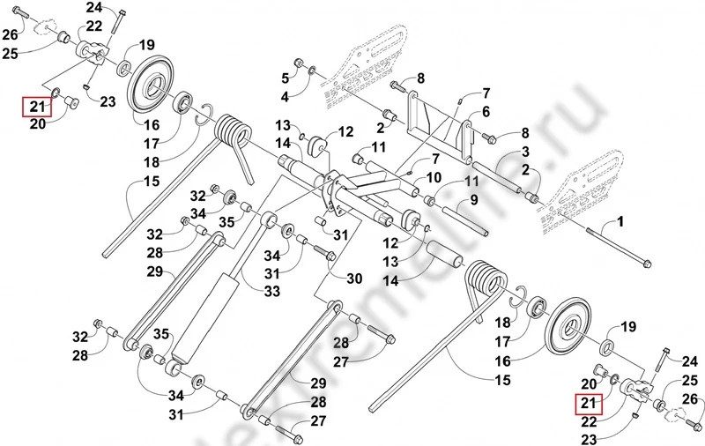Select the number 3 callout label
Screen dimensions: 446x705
coord(524,152)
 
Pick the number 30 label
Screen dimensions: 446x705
coord(354,279)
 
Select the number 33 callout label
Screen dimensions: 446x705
coord(272,292)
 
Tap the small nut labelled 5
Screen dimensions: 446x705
coord(300,63)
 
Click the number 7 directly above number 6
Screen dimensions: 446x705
coord(486,93)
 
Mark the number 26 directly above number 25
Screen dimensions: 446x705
coord(11,34)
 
